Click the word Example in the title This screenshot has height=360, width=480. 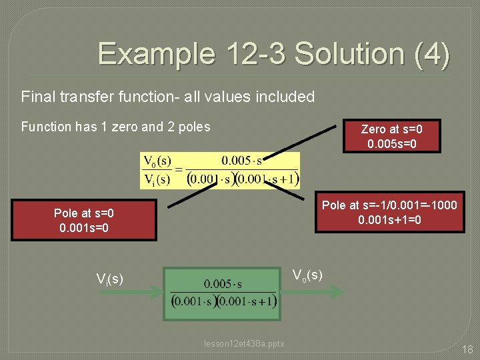click(155, 54)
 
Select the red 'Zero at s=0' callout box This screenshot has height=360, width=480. click(391, 136)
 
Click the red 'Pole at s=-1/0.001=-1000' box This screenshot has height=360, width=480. click(389, 213)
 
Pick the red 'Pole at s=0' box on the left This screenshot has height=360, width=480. click(84, 221)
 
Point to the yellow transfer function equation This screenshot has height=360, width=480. click(220, 170)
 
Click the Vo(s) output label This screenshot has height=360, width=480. click(307, 275)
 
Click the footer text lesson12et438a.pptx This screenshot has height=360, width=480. click(244, 344)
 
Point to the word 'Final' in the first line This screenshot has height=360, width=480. click(37, 97)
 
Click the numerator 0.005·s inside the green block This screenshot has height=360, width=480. click(223, 284)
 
